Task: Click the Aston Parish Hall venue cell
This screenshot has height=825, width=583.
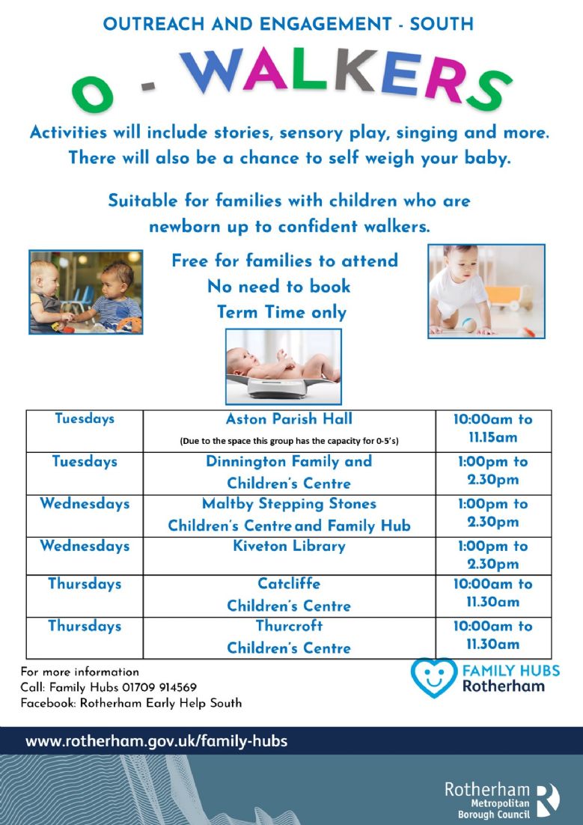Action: point(289,431)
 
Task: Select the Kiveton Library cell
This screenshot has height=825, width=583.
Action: point(289,555)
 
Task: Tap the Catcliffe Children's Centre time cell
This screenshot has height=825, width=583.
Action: point(493,596)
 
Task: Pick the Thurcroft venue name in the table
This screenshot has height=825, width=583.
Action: point(289,626)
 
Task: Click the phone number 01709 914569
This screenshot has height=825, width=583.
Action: point(159,687)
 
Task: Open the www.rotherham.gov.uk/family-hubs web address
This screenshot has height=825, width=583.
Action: point(156,741)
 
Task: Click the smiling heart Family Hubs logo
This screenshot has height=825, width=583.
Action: point(433,678)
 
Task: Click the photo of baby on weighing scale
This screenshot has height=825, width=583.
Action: point(284,366)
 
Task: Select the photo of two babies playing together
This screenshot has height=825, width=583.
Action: point(86,292)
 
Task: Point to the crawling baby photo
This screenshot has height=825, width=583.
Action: point(486,291)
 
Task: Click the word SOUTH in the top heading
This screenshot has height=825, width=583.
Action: point(442,24)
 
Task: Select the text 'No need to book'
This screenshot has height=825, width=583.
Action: point(279,286)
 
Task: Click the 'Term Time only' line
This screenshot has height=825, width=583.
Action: point(282,312)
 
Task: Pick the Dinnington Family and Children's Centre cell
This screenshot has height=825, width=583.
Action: point(289,474)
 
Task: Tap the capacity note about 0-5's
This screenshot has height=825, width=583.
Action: point(289,441)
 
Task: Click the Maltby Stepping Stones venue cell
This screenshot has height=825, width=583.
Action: point(289,516)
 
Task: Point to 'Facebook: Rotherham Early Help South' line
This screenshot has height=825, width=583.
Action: point(131,703)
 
